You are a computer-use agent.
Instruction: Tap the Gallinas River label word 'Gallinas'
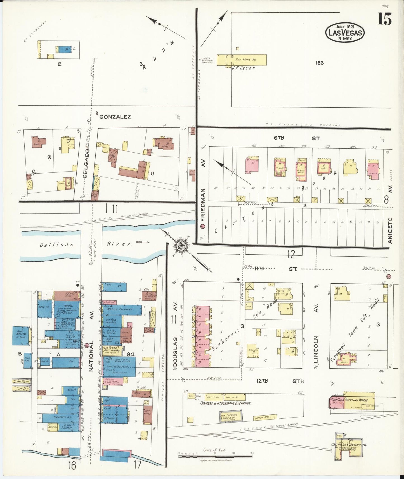coord(56,245)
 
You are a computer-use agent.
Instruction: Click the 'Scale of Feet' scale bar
coord(215,456)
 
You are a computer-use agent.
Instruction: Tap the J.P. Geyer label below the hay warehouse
coord(243,68)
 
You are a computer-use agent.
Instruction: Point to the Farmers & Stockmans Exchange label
coord(225,403)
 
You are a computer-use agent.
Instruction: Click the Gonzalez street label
coord(115,117)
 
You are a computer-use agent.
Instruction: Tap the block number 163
coord(320,63)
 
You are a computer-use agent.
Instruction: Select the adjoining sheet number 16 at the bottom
coord(72,465)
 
